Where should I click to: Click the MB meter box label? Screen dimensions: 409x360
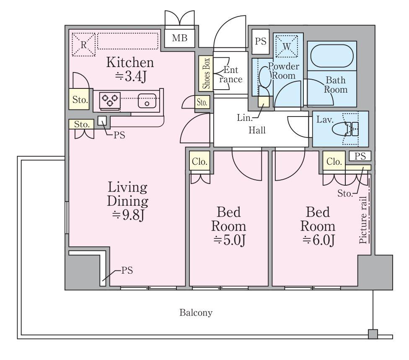179,38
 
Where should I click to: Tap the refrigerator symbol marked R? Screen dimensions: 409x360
83,44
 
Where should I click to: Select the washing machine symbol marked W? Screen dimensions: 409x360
287,46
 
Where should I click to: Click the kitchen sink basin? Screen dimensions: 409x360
147,101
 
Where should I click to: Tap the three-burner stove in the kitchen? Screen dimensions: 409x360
110,100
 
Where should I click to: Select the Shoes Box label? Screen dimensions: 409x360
206,73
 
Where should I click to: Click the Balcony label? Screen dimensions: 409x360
196,313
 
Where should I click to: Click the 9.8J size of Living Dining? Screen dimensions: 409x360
128,215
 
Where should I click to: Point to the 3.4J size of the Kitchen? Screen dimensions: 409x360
131,76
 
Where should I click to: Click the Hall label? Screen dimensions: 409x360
257,130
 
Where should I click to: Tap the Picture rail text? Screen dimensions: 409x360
363,220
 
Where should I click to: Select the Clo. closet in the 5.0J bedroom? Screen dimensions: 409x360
199,161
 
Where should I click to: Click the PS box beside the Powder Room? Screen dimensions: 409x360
261,41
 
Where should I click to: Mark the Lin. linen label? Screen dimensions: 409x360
245,118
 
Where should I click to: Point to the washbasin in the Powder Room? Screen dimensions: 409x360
265,77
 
